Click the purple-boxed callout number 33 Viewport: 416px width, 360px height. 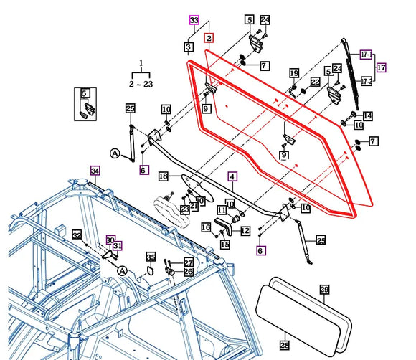(194, 20)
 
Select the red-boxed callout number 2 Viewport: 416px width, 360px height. (209, 37)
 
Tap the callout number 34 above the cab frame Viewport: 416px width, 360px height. (95, 170)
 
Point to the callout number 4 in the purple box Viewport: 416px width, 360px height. (232, 176)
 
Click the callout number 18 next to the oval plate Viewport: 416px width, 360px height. (163, 176)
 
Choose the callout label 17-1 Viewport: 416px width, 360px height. (366, 54)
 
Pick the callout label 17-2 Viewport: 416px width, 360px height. (366, 82)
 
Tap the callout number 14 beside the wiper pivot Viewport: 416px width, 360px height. (367, 115)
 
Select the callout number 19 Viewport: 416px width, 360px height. (294, 73)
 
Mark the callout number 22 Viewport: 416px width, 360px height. (314, 85)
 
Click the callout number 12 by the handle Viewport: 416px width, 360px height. (245, 230)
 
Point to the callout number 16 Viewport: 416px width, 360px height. (206, 227)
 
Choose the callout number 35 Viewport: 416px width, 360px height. (151, 257)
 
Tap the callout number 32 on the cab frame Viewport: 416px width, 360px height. (77, 235)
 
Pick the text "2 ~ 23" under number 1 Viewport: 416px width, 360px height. (141, 84)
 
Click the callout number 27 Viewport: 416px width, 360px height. (189, 262)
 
